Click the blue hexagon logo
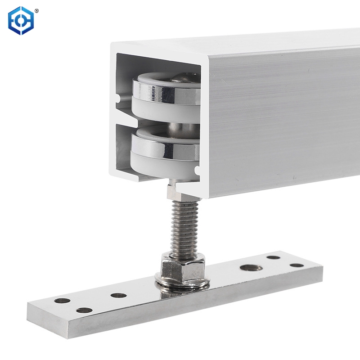(x=21, y=20)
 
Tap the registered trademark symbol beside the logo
(x=36, y=10)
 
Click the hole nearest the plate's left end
(x=62, y=301)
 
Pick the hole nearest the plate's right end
(x=297, y=265)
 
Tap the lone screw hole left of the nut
(x=118, y=296)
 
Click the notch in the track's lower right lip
(x=197, y=171)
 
